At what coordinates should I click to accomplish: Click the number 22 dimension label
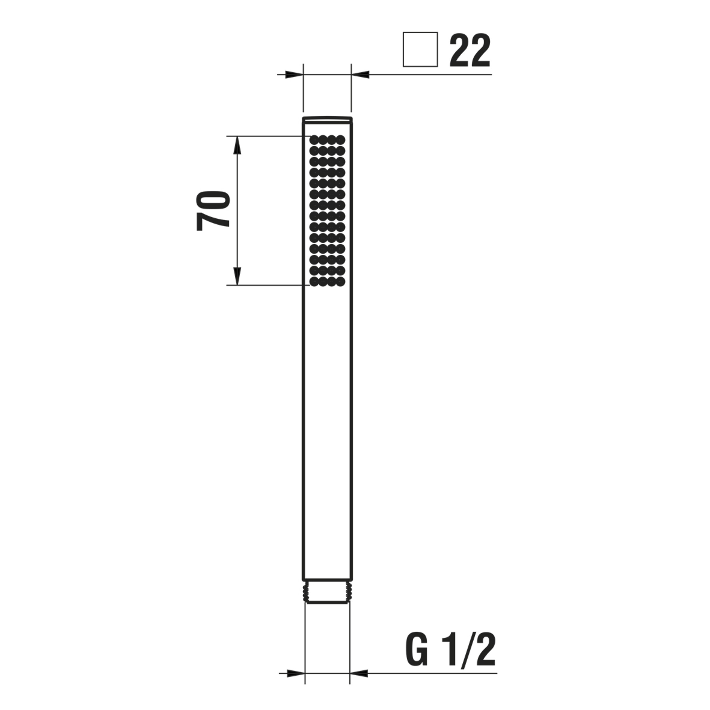(470, 50)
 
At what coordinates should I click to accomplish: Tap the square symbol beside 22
(420, 50)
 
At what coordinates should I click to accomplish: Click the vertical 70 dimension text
(213, 210)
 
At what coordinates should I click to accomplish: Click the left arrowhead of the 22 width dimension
(294, 75)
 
